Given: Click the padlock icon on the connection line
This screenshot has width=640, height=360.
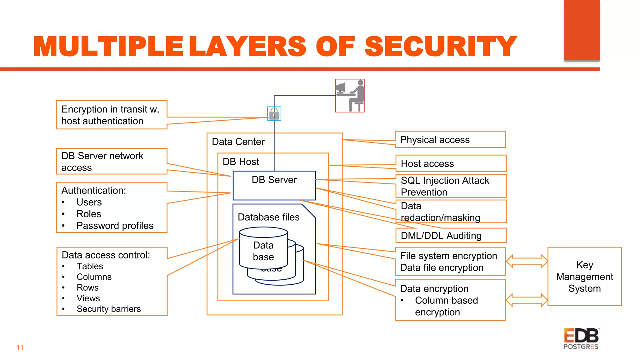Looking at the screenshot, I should [x=274, y=113].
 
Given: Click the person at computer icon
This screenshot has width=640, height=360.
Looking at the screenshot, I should [x=350, y=96].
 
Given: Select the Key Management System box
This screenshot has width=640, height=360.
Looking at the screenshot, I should [x=584, y=276].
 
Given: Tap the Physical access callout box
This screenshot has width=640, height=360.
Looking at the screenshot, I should [x=450, y=139].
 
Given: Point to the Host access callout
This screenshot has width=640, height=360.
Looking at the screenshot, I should [x=451, y=163].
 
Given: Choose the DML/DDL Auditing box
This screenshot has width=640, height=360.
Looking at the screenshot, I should [x=451, y=235].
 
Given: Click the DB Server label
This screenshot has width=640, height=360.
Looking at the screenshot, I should [x=274, y=180].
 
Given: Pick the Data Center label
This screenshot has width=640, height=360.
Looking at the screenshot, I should [x=238, y=142].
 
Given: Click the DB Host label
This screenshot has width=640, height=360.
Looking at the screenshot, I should [x=241, y=162].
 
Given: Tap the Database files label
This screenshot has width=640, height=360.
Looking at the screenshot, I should [x=268, y=217].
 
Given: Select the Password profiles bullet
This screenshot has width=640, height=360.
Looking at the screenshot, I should [x=115, y=226].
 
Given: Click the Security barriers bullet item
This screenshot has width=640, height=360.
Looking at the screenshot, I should [x=108, y=309].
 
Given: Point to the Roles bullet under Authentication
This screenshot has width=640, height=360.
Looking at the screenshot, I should [x=89, y=214].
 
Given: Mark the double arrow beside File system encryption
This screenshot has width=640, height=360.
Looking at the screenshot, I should [x=527, y=261].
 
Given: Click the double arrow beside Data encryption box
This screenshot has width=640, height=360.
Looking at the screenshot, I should [x=527, y=300].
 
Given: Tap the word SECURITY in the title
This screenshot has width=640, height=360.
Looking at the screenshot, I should [x=441, y=47].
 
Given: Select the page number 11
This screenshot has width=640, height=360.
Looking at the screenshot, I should [x=20, y=347].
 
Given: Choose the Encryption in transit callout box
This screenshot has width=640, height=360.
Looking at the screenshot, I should [x=112, y=115].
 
